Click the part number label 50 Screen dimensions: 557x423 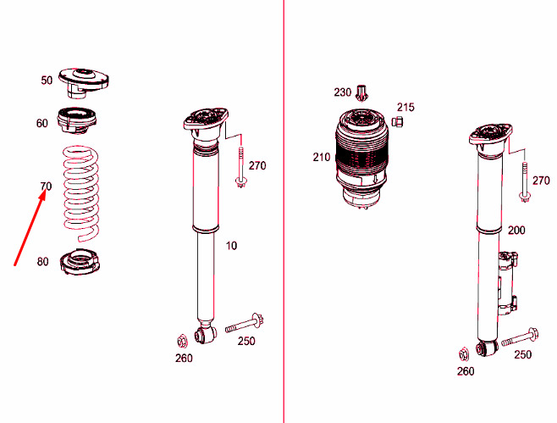click(47, 81)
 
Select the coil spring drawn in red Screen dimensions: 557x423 click(81, 192)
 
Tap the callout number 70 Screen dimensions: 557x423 click(46, 186)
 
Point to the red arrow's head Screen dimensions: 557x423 click(42, 195)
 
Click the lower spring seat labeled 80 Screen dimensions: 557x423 click(80, 262)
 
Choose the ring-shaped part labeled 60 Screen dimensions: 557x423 click(76, 120)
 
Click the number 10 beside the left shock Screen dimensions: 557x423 click(231, 246)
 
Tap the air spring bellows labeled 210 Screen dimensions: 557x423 click(361, 159)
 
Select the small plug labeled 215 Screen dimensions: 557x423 click(398, 122)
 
